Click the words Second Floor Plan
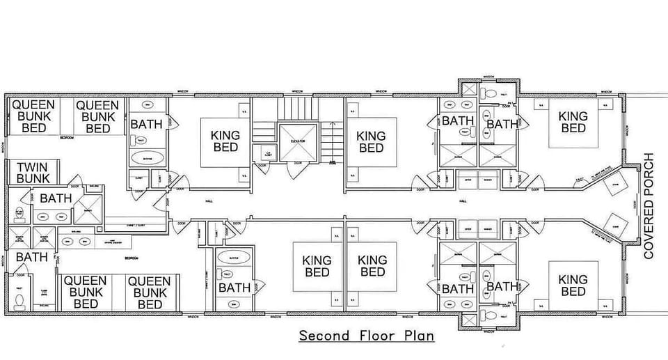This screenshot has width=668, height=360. point(367,336)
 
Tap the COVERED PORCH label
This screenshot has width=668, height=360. point(649,206)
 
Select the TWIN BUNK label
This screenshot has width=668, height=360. point(33,173)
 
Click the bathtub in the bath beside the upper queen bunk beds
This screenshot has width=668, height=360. point(147,157)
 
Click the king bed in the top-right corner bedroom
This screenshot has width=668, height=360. point(573,123)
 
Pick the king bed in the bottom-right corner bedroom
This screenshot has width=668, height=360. point(573,285)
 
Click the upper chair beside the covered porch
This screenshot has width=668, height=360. point(614,185)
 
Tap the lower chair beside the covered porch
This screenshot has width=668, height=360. point(614,224)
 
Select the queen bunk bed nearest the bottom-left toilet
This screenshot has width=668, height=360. point(86,292)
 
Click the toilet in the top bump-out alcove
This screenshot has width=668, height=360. point(489,93)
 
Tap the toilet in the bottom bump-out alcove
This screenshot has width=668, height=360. point(489,315)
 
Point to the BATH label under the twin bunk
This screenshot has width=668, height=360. point(56,198)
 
